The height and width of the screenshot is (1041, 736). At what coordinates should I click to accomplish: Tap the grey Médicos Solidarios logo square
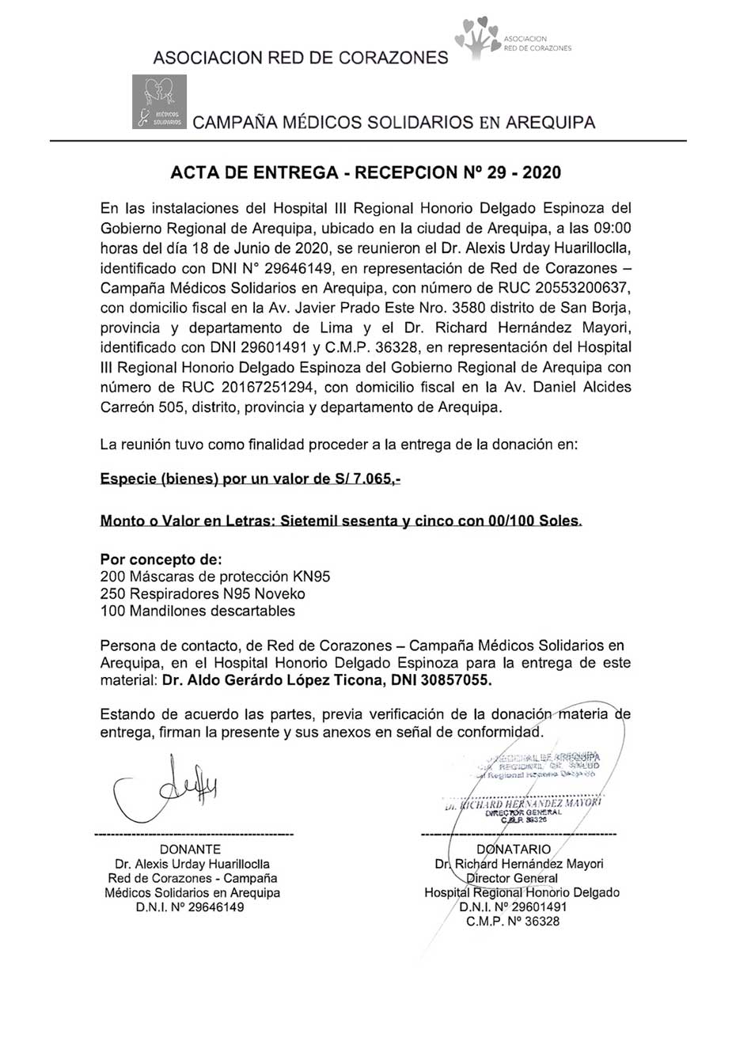(159, 102)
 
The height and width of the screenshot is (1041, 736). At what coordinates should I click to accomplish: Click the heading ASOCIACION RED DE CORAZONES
(300, 58)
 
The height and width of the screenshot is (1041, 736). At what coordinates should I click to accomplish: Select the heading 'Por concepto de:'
(161, 559)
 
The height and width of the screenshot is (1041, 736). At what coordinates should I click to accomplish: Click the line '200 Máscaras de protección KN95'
(215, 577)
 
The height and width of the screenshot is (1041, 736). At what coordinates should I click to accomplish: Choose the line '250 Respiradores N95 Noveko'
(203, 594)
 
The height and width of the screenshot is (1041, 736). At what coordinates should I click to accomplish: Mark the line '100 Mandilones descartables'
(198, 611)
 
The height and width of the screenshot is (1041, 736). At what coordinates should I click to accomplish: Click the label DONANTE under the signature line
(191, 850)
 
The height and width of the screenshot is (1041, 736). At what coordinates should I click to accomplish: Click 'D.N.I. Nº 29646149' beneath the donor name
(191, 907)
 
